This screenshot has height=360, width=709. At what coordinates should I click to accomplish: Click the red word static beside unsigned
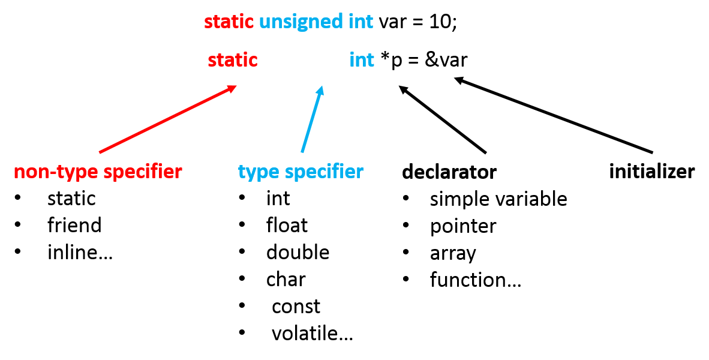click(x=229, y=22)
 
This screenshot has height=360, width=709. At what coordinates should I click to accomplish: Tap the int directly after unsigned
click(x=361, y=22)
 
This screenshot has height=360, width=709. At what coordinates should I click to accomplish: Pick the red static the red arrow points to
click(x=233, y=60)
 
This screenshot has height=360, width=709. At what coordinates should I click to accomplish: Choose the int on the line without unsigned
click(x=362, y=60)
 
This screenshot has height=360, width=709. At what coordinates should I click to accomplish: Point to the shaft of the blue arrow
click(x=311, y=120)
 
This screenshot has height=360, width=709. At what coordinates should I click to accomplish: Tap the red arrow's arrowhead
click(x=232, y=88)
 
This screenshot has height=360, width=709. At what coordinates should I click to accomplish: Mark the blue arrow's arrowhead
click(x=321, y=90)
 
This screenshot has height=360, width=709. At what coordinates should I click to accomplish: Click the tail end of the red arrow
click(x=100, y=152)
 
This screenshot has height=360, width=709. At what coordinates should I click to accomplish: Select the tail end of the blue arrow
click(x=302, y=152)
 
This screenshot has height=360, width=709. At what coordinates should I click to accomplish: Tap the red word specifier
click(x=142, y=172)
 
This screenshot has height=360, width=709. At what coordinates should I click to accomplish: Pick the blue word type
click(x=259, y=172)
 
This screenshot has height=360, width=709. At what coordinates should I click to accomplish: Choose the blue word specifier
click(x=324, y=172)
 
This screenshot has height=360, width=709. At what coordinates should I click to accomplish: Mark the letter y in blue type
click(x=251, y=174)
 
